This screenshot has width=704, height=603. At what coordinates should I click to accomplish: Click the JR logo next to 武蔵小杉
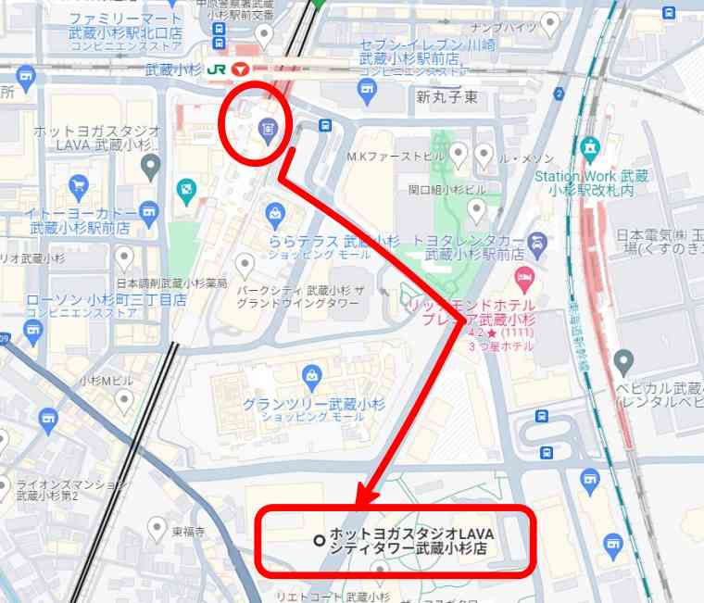pyautogui.click(x=218, y=69)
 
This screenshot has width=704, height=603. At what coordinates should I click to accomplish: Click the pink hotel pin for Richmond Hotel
pyautogui.click(x=525, y=278)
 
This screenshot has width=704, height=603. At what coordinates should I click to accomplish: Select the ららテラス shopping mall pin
pyautogui.click(x=274, y=217)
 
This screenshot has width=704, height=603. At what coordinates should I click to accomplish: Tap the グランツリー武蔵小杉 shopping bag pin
pyautogui.click(x=312, y=376)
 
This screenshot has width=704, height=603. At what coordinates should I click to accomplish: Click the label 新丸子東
pyautogui.click(x=446, y=96)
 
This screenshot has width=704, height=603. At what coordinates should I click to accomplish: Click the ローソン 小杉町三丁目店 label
pyautogui.click(x=107, y=300)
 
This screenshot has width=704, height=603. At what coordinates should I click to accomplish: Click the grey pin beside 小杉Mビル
pyautogui.click(x=124, y=400)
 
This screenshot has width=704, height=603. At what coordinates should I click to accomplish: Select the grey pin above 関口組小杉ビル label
pyautogui.click(x=476, y=211)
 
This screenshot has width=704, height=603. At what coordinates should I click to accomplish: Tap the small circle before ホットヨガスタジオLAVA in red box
pyautogui.click(x=319, y=540)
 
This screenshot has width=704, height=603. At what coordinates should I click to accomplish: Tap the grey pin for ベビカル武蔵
pyautogui.click(x=623, y=360)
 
